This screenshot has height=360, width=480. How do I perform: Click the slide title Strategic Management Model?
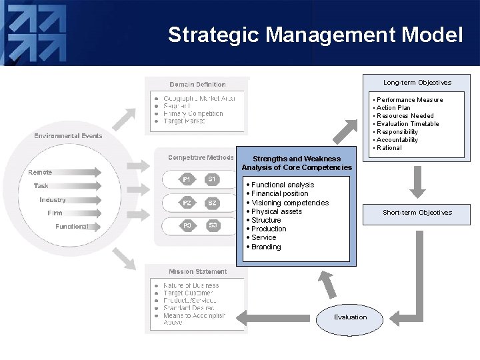pyautogui.click(x=315, y=35)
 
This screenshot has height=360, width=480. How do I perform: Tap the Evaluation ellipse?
pyautogui.click(x=351, y=317)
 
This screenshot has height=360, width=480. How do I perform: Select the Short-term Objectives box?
pyautogui.click(x=417, y=213)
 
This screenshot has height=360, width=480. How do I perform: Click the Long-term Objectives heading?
pyautogui.click(x=417, y=83)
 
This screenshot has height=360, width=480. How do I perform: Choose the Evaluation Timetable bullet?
pyautogui.click(x=407, y=124)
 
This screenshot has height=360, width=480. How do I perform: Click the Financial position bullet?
pyautogui.click(x=279, y=193)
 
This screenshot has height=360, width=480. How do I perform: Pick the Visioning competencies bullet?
pyautogui.click(x=289, y=203)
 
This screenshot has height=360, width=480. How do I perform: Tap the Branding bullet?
pyautogui.click(x=266, y=247)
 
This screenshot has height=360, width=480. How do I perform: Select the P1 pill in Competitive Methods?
pyautogui.click(x=187, y=179)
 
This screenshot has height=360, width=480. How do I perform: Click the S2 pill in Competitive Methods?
pyautogui.click(x=212, y=203)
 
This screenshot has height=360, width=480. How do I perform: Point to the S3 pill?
pyautogui.click(x=212, y=225)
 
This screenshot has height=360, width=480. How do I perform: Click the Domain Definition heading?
pyautogui.click(x=197, y=85)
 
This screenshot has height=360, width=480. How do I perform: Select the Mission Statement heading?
pyautogui.click(x=197, y=272)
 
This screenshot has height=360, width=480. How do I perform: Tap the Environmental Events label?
pyautogui.click(x=69, y=136)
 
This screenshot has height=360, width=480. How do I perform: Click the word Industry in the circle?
pyautogui.click(x=53, y=200)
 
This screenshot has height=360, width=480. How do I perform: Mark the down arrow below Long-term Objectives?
pyautogui.click(x=417, y=181)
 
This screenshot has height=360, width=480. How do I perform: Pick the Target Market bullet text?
pyautogui.click(x=184, y=121)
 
